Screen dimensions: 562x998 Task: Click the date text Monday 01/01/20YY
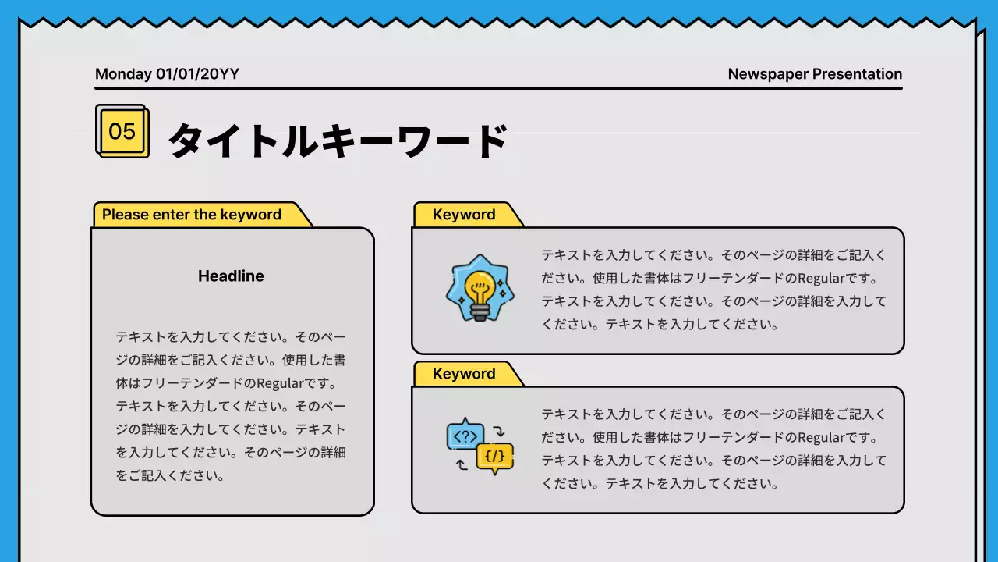pyautogui.click(x=167, y=74)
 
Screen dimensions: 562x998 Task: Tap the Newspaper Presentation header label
pyautogui.click(x=815, y=74)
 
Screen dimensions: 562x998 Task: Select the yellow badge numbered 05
pyautogui.click(x=122, y=131)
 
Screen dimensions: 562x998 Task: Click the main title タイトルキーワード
pyautogui.click(x=338, y=141)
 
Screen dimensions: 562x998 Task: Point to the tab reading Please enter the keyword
pyautogui.click(x=192, y=215)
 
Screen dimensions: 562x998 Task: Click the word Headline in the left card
pyautogui.click(x=231, y=276)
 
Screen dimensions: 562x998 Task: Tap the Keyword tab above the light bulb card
pyautogui.click(x=464, y=215)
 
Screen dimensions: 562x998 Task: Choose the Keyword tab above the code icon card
pyautogui.click(x=464, y=374)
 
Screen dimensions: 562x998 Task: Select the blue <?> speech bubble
pyautogui.click(x=465, y=436)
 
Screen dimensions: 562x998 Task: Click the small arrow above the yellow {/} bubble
pyautogui.click(x=501, y=430)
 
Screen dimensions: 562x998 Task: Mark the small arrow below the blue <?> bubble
pyautogui.click(x=462, y=464)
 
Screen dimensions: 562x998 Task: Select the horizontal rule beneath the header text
pyautogui.click(x=498, y=88)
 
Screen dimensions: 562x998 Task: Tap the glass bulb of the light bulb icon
pyautogui.click(x=479, y=286)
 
